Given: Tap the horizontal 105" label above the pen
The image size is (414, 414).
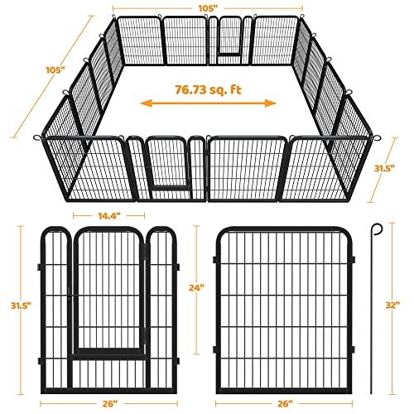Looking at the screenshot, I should tap(208, 7).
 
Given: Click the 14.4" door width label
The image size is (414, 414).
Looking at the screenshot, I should tap(108, 215).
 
